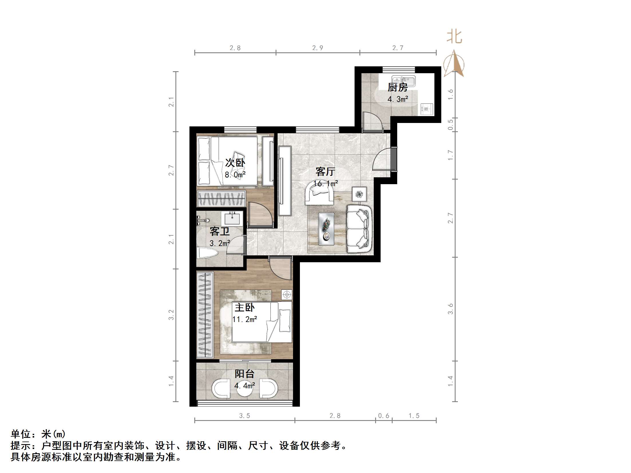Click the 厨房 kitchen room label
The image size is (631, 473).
pyautogui.click(x=397, y=87)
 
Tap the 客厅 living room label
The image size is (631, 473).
pyautogui.click(x=325, y=172)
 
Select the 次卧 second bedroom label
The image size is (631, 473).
pyautogui.click(x=235, y=163)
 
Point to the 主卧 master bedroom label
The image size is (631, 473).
pyautogui.click(x=244, y=308)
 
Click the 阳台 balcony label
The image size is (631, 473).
pyautogui.click(x=244, y=374)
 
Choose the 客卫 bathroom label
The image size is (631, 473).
pyautogui.click(x=219, y=231)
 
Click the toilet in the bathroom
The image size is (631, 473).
pyautogui.click(x=207, y=253)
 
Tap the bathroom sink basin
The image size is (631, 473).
pyautogui.click(x=232, y=219)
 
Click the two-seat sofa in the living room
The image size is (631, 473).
pyautogui.click(x=359, y=229)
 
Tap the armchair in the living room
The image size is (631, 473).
pyautogui.click(x=319, y=194)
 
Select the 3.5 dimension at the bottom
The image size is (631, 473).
pyautogui.click(x=245, y=416)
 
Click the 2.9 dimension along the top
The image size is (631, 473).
pyautogui.click(x=318, y=48)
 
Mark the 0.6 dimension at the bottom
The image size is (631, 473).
pyautogui.click(x=384, y=416)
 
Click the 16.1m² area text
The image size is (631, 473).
pyautogui.click(x=326, y=183)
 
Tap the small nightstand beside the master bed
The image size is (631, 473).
pyautogui.click(x=286, y=295)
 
